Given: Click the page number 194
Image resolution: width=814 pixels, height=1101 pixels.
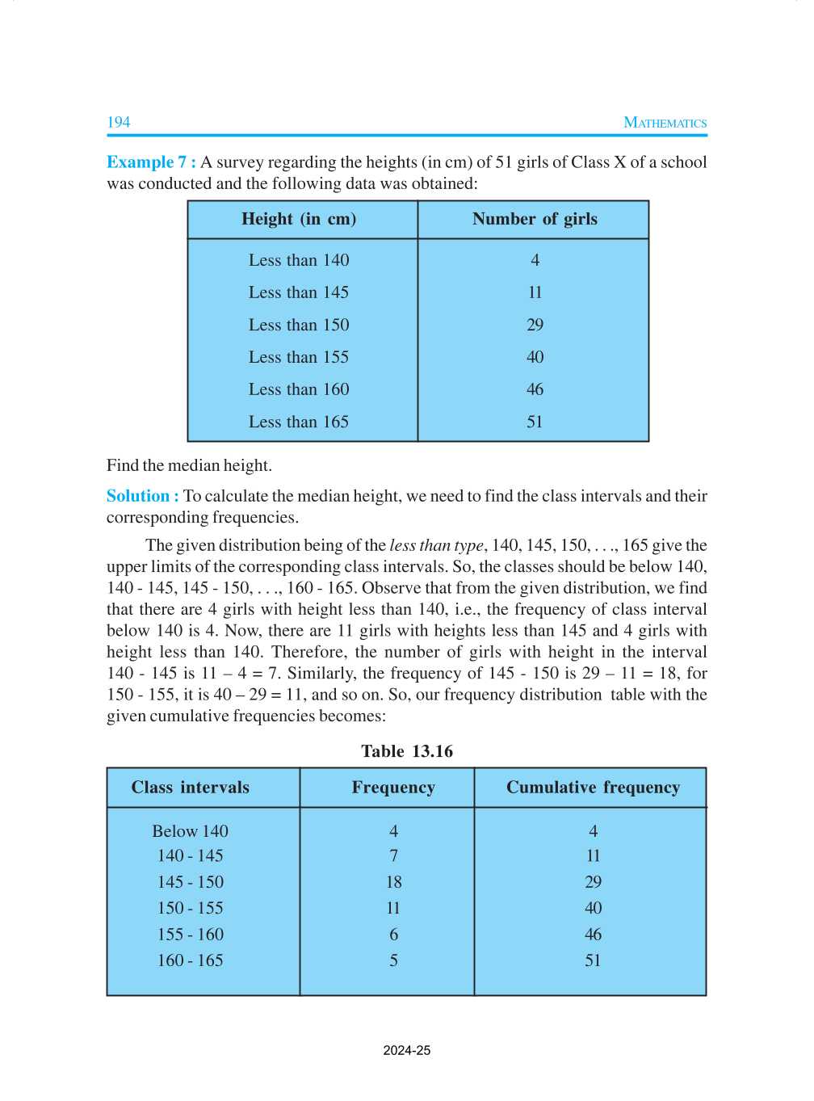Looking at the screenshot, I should tap(119, 122).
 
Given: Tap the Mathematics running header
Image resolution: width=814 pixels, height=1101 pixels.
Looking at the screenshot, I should tap(665, 123).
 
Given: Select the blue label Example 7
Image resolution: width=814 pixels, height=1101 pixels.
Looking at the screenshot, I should tap(150, 162).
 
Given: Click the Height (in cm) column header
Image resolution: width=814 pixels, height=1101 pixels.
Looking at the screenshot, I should tap(299, 219).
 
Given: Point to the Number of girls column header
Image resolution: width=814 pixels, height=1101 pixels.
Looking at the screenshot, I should tap(535, 219).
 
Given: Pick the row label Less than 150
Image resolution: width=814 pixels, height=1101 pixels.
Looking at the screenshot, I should tap(299, 325).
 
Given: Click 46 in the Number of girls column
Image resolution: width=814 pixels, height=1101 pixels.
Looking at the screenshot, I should tap(535, 389).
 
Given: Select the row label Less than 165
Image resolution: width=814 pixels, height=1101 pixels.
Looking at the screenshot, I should tap(299, 422).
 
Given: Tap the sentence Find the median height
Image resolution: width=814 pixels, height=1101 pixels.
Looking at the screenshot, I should tap(189, 465).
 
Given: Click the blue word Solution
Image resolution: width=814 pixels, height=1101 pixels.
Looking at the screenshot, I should tap(138, 496).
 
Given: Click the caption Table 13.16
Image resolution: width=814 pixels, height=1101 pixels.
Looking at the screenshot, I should tap(407, 751).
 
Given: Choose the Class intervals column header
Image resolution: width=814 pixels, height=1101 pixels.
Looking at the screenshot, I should tap(191, 788).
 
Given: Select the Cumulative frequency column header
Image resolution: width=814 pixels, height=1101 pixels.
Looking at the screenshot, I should tap(593, 788).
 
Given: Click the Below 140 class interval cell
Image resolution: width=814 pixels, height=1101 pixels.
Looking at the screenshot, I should tap(191, 831).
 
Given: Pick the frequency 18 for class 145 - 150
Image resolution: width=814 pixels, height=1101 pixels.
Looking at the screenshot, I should tap(393, 882).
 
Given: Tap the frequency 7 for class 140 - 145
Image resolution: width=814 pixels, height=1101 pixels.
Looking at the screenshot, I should tap(393, 855).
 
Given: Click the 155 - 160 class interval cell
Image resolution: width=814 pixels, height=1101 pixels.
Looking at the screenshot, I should tap(191, 935).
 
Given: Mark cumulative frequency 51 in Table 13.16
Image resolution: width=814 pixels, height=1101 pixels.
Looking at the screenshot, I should tap(593, 960).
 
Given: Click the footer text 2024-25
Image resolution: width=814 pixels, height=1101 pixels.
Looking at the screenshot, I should tap(407, 1051).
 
